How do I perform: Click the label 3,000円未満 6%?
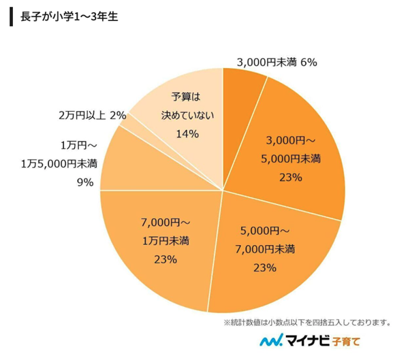tap(277, 63)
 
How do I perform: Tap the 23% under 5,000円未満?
tap(286, 178)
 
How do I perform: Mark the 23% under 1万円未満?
tap(165, 259)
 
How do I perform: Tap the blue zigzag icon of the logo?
tap(273, 340)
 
